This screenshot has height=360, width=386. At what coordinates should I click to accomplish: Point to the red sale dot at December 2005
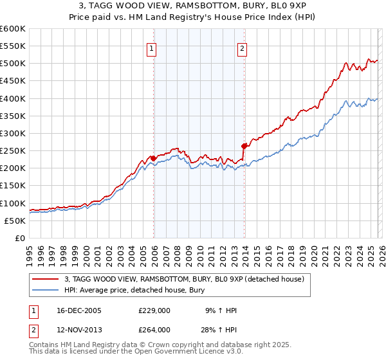(153, 158)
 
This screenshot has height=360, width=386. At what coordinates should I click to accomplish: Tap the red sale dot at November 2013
(244, 146)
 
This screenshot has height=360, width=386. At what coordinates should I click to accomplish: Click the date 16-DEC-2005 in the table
(78, 310)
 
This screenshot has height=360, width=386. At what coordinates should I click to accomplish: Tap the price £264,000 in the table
(154, 329)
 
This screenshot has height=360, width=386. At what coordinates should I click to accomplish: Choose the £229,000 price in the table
(154, 310)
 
